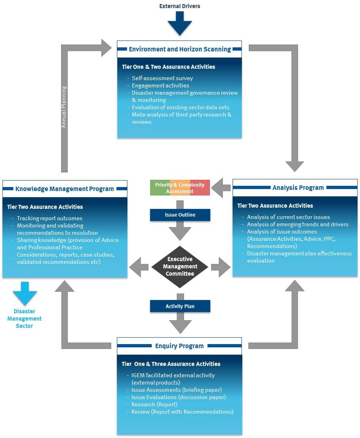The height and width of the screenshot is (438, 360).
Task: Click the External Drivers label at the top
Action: pos(180,6)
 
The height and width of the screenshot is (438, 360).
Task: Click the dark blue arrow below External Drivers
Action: pos(180,24)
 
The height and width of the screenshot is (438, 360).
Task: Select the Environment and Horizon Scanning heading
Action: pos(180,49)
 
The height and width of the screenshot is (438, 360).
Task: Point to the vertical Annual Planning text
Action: pos(64,107)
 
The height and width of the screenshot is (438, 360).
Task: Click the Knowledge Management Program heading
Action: pos(65,189)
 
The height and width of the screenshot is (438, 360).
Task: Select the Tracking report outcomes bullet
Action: pos(50,218)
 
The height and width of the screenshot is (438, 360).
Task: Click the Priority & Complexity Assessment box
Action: pos(180,188)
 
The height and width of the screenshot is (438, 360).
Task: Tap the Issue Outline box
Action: pos(180,215)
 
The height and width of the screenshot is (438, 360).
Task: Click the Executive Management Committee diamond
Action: pos(180,266)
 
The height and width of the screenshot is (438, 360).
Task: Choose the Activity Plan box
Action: pos(180,306)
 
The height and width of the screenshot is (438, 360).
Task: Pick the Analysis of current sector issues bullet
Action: pos(288,217)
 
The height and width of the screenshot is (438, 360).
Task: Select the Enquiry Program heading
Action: pos(180,346)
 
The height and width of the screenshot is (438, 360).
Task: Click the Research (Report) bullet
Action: pos(154,404)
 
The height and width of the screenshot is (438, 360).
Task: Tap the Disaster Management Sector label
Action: pos(25,319)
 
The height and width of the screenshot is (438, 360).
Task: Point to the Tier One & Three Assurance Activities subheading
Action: pos(171,364)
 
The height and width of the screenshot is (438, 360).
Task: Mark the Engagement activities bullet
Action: pos(160,85)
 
